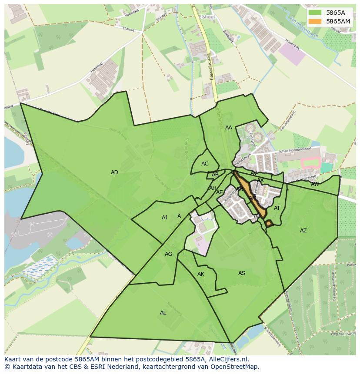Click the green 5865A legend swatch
pos(315,13)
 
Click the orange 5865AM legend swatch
pos(315,21)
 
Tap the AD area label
pos(114,172)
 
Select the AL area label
pos(163,313)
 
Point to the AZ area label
pos(303,231)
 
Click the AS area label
pos(242,273)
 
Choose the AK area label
pos(201,274)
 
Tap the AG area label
pos(169,254)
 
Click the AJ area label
pos(164,218)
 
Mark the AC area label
pos(205,164)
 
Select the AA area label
pos(229,128)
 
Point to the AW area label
pos(315,184)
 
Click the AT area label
pos(277,208)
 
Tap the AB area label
pos(215,175)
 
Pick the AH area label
pos(213,188)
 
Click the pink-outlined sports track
pos(310,163)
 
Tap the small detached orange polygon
pos(269,223)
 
